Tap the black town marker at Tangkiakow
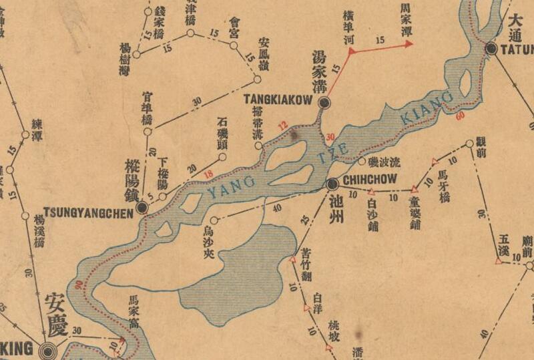point(324,102)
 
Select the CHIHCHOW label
point(369,180)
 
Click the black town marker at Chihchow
point(332,184)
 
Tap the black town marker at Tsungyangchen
point(142,208)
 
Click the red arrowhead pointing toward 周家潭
point(408,45)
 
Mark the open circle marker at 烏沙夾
point(214,220)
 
